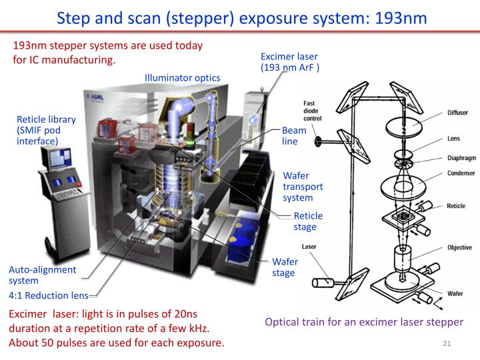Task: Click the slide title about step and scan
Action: click(x=241, y=17)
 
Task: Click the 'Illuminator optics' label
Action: click(x=182, y=78)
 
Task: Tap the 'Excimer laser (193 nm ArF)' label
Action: click(x=289, y=61)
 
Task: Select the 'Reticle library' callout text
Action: click(x=46, y=130)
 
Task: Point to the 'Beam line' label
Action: click(x=294, y=136)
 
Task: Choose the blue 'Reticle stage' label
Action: click(x=308, y=221)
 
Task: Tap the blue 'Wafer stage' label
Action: click(x=285, y=267)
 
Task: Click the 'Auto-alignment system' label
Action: click(x=42, y=275)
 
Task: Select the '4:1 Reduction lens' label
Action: click(x=47, y=295)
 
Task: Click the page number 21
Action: click(x=447, y=343)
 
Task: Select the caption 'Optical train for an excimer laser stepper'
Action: click(x=364, y=322)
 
